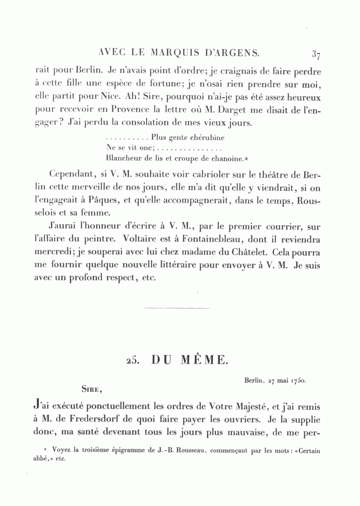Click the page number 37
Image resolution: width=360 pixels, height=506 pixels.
tap(316, 54)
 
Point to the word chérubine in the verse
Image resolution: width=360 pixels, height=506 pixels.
tap(205, 138)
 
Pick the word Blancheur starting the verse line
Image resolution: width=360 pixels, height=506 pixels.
tap(124, 158)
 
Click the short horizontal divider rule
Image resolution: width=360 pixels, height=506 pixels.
tap(176, 308)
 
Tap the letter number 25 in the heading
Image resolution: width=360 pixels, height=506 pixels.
tap(132, 360)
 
